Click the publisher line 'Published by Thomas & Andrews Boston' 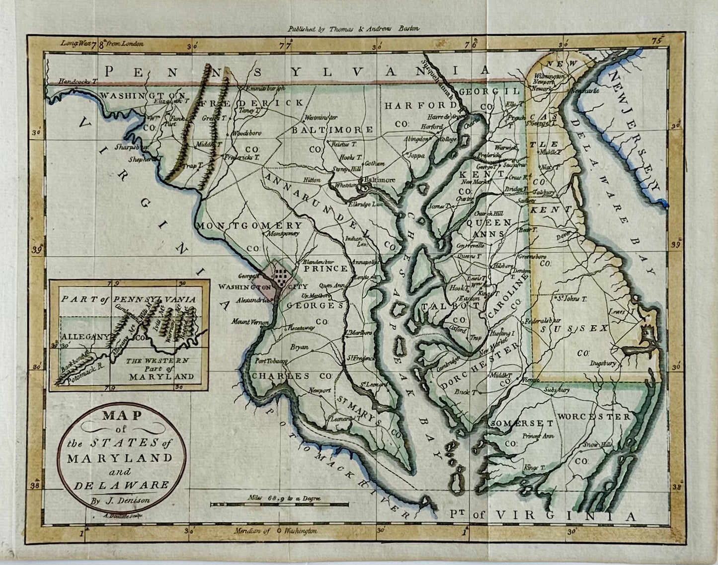point(353,29)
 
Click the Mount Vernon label point(249,322)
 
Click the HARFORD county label point(420,105)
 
